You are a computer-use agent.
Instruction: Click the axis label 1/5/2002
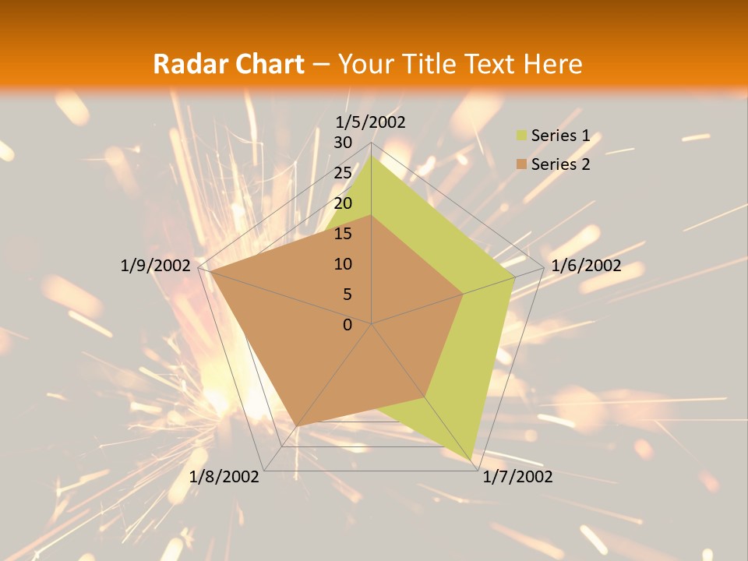(371, 122)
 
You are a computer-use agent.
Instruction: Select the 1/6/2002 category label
(586, 266)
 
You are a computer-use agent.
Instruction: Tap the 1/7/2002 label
(517, 477)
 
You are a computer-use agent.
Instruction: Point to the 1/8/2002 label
(224, 477)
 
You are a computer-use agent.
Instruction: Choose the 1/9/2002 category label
(155, 266)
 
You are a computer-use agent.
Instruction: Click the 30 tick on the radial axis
(343, 143)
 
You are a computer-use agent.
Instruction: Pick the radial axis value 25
(343, 173)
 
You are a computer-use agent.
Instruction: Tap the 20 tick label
(343, 203)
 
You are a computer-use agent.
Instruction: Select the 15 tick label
(343, 234)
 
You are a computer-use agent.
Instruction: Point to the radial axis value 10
(343, 264)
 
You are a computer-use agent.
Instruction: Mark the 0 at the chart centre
(348, 325)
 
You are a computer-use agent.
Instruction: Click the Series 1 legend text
(560, 136)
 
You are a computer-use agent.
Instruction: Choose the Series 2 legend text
(560, 164)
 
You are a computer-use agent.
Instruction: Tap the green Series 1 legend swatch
(521, 136)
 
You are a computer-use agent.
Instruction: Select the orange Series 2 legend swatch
(521, 164)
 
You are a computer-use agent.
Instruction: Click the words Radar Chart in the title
(228, 64)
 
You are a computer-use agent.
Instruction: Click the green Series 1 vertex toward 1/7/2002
(473, 461)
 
